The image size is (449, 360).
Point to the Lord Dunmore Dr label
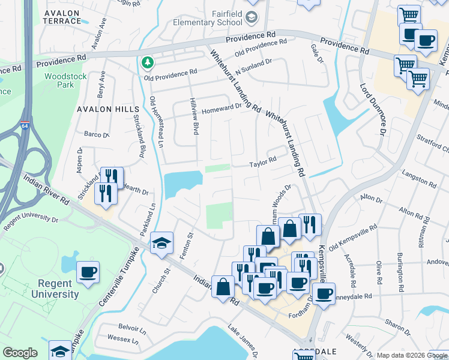pos(381,108)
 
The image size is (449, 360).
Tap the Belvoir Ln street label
pos(132,330)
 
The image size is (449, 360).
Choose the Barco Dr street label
pos(96,134)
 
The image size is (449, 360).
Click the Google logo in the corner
pos(20,353)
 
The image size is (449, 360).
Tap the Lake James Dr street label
pos(243,340)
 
